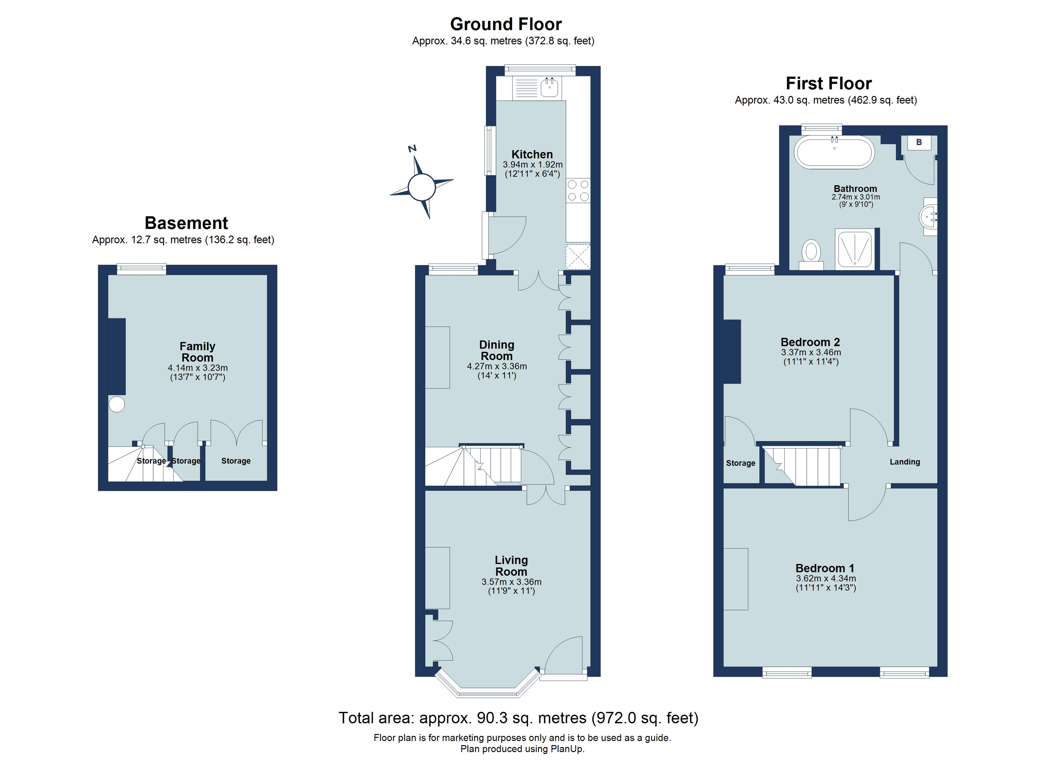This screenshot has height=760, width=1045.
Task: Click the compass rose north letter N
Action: [412, 149]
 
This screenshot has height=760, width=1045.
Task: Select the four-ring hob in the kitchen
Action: [578, 190]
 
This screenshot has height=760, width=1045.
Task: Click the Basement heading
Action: [186, 223]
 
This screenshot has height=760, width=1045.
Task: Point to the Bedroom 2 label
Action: [810, 342]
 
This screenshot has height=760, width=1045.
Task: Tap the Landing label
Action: [904, 462]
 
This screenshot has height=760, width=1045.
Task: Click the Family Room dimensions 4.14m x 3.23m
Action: [198, 368]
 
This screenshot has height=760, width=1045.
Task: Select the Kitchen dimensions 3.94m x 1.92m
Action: [532, 165]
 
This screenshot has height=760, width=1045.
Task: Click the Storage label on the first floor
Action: [740, 463]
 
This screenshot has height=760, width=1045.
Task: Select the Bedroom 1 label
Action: [825, 568]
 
